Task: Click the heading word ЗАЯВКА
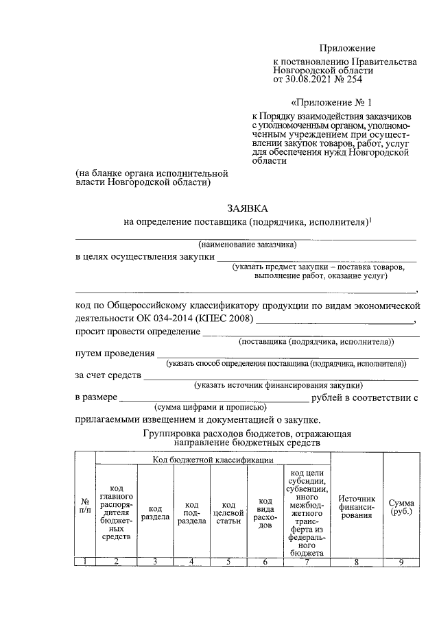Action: [246, 208]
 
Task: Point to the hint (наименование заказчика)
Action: [246, 245]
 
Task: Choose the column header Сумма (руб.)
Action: [401, 508]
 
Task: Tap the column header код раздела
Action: [156, 512]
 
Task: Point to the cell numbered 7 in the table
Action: [307, 562]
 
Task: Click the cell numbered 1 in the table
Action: [84, 562]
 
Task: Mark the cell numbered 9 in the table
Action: [401, 562]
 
